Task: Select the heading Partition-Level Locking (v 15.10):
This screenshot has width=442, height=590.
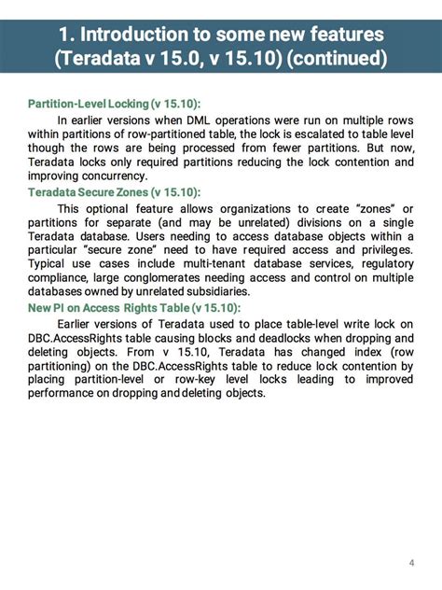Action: tap(115, 103)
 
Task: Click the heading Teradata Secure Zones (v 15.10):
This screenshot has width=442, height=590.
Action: tap(114, 192)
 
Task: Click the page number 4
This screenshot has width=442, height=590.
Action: tap(411, 562)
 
